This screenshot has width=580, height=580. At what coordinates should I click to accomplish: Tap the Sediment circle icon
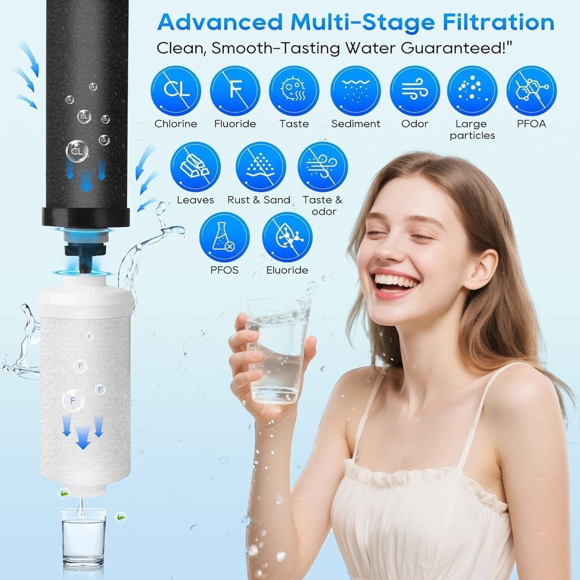click(355, 91)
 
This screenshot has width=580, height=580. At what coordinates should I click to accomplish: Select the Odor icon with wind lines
click(415, 91)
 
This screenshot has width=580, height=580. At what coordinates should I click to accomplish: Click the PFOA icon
click(531, 91)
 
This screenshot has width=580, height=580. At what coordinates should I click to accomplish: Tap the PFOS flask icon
click(224, 237)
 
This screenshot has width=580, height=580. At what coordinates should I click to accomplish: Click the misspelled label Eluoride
click(287, 270)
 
